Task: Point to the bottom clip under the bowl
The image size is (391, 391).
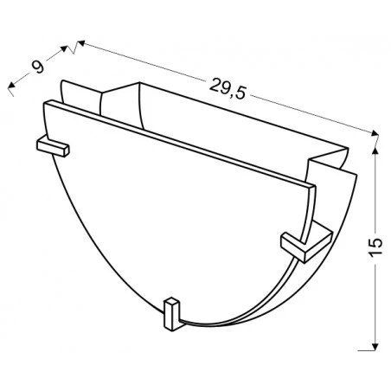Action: tap(173, 313)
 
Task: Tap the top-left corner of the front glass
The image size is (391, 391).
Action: tap(46, 102)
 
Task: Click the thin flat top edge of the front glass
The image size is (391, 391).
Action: tap(173, 143)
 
